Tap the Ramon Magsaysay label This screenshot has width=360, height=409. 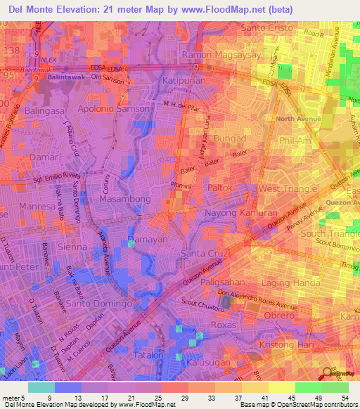pyautogui.click(x=221, y=55)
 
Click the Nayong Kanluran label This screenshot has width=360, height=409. pyautogui.click(x=236, y=212)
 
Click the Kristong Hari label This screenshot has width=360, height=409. pyautogui.click(x=279, y=345)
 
